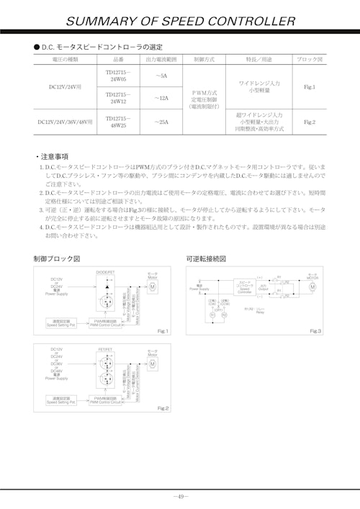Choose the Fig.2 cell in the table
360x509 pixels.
pyautogui.click(x=310, y=122)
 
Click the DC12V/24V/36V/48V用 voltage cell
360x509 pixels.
pyautogui.click(x=64, y=122)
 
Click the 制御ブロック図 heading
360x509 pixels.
pyautogui.click(x=57, y=258)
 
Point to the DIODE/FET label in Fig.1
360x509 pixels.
pyautogui.click(x=106, y=272)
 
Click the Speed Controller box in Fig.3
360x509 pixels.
pyautogui.click(x=243, y=287)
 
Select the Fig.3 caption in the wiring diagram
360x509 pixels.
pyautogui.click(x=315, y=330)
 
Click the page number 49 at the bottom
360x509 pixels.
pyautogui.click(x=180, y=496)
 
